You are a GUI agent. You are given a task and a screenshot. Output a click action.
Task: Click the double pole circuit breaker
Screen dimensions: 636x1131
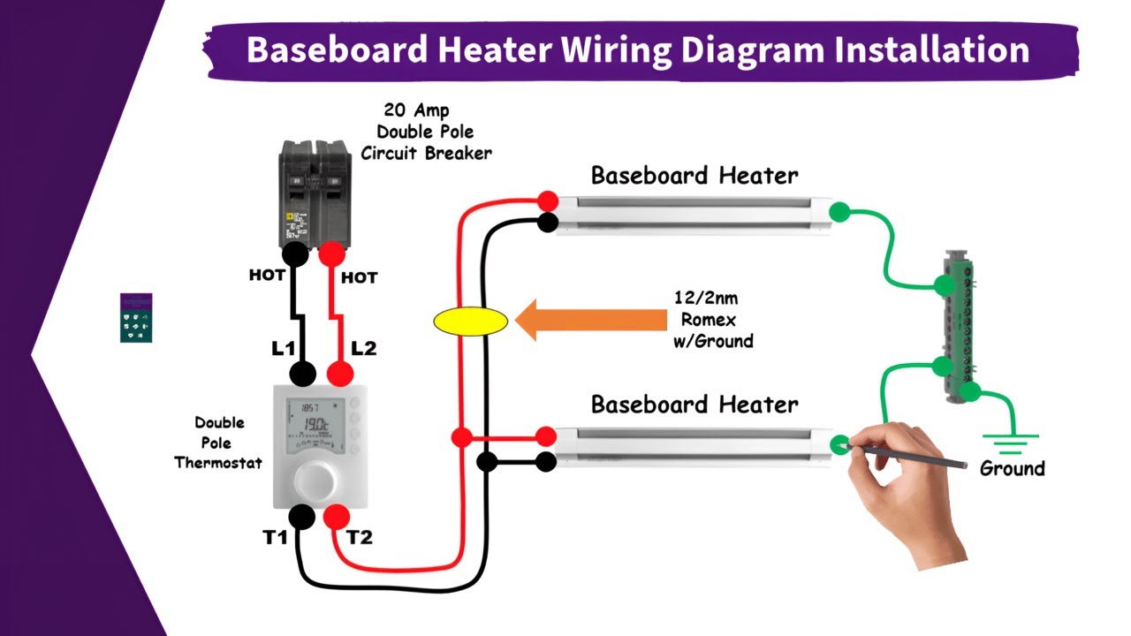tap(315, 194)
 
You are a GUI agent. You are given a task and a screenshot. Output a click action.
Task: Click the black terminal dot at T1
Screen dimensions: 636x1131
tap(302, 517)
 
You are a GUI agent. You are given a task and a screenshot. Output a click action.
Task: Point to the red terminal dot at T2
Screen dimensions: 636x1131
tap(337, 517)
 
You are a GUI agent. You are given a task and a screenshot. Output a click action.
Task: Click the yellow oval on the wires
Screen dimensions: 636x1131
tap(471, 321)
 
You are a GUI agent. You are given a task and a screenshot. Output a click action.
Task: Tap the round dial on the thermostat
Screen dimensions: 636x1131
tap(315, 481)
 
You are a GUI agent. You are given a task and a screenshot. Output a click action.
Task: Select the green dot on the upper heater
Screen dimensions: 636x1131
tap(839, 212)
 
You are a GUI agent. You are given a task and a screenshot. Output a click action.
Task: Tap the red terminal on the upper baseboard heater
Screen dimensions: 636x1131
tap(548, 201)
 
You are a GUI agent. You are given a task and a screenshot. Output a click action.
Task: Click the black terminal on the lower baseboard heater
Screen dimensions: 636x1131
tap(547, 461)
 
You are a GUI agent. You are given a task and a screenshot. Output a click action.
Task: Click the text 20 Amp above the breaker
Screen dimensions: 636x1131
tap(416, 110)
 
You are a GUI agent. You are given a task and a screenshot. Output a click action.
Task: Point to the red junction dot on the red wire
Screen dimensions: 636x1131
tap(460, 437)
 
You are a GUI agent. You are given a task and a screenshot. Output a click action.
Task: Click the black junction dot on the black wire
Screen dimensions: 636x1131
tap(486, 461)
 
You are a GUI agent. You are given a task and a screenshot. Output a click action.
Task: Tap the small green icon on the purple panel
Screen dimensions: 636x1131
tap(136, 318)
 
